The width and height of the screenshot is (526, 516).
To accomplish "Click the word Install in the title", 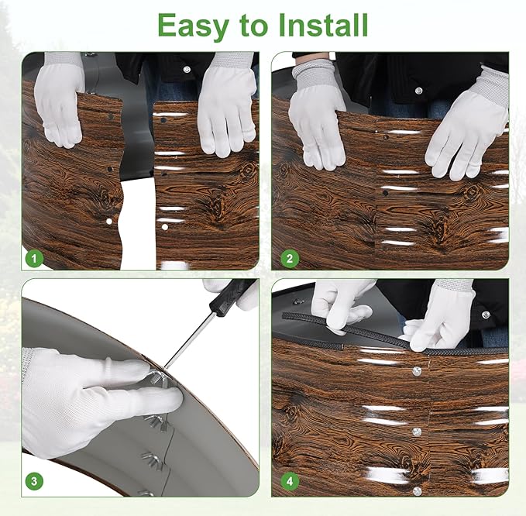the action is pyautogui.click(x=323, y=25).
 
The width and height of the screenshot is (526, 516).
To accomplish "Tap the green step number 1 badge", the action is pyautogui.click(x=34, y=259).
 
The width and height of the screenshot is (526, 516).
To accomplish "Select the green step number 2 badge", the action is pyautogui.click(x=290, y=259).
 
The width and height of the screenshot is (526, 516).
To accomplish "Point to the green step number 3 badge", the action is pyautogui.click(x=34, y=481).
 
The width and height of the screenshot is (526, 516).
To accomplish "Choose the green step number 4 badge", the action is pyautogui.click(x=290, y=481).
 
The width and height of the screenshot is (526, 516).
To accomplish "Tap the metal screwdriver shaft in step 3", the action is pyautogui.click(x=190, y=341).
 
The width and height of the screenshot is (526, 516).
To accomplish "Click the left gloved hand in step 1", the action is pyautogui.click(x=59, y=101).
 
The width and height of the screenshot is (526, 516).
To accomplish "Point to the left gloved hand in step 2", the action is pyautogui.click(x=316, y=115).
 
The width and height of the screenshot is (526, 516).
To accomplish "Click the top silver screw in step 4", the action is pyautogui.click(x=417, y=370).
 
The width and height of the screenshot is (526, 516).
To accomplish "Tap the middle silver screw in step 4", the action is pyautogui.click(x=417, y=432).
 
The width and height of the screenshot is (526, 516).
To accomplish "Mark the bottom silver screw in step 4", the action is pyautogui.click(x=418, y=491).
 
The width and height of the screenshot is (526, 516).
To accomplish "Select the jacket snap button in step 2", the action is pyautogui.click(x=418, y=91).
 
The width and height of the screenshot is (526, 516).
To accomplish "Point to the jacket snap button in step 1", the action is pyautogui.click(x=187, y=70).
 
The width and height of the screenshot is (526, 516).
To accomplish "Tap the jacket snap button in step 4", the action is pyautogui.click(x=485, y=315).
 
